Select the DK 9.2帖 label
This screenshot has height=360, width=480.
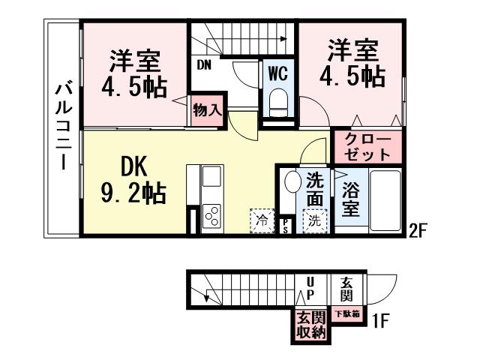click(x=133, y=180)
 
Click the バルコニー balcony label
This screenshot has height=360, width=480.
click(x=63, y=127)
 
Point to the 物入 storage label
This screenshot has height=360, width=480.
click(x=206, y=110)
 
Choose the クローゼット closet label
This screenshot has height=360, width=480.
click(x=366, y=148)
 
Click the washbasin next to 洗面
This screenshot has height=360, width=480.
click(x=292, y=184)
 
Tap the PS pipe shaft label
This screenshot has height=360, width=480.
click(x=286, y=226)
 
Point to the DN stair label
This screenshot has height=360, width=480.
click(x=204, y=64)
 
